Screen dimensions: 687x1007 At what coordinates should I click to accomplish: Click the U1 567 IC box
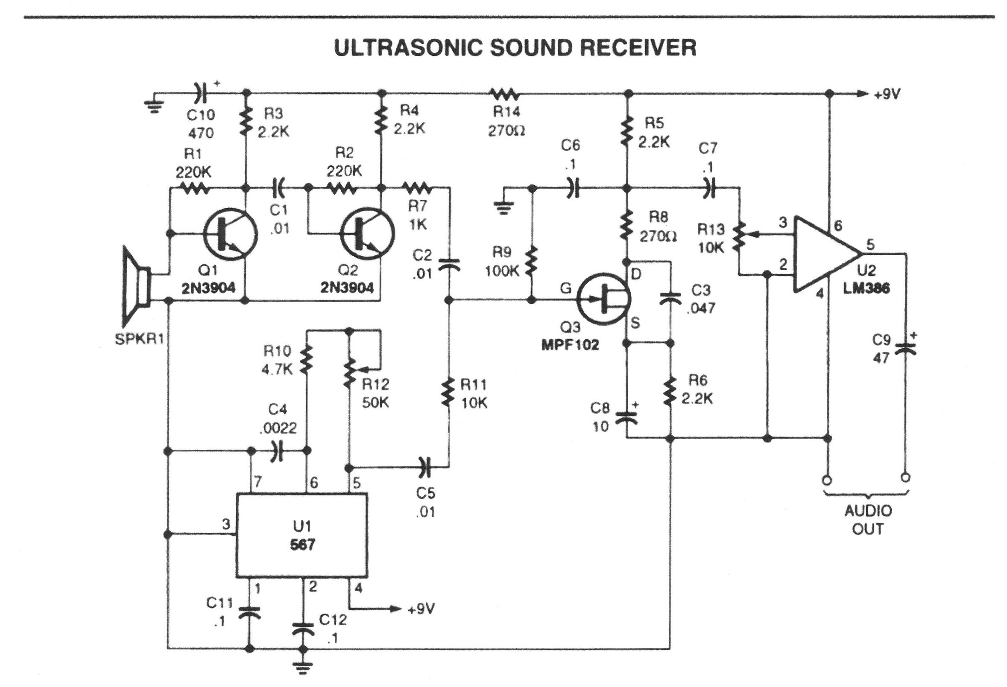[302, 535]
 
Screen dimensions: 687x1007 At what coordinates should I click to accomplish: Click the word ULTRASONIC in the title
[408, 48]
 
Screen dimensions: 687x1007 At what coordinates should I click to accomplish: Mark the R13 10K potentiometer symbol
[740, 236]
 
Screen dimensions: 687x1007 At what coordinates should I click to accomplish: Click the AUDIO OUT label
[868, 520]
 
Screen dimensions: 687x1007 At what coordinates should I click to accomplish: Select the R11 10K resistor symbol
[448, 392]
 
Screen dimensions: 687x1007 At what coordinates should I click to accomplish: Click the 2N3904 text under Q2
[347, 288]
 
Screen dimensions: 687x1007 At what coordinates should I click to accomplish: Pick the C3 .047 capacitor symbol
[670, 298]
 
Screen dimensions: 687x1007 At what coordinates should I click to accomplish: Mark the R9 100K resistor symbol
[532, 261]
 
